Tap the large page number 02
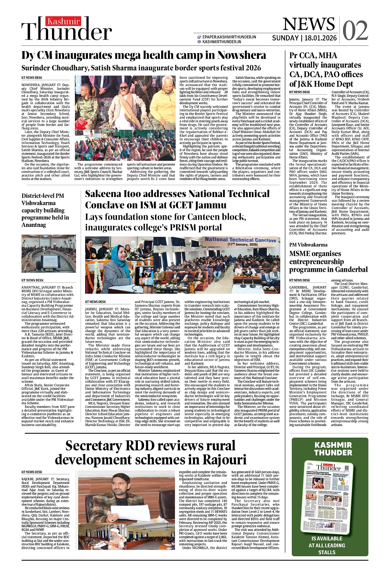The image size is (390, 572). [x=355, y=31]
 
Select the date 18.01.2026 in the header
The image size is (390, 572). [x=320, y=38]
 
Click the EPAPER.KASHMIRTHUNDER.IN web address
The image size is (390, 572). [x=229, y=37]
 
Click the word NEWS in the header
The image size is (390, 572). [x=309, y=24]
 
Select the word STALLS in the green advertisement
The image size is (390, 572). [x=327, y=552]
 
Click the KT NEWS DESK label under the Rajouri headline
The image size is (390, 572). [x=32, y=472]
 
